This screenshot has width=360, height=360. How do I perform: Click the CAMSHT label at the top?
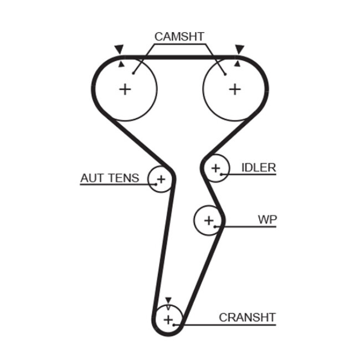point(179,37)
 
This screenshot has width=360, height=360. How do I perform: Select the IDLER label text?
point(258,167)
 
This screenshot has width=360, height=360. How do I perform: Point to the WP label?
point(267,219)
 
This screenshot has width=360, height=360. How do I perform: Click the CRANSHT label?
point(247,317)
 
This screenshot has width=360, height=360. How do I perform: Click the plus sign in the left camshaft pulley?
point(126,89)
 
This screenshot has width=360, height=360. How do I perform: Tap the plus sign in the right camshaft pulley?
point(235,89)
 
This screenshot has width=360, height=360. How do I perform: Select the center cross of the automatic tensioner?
point(161,179)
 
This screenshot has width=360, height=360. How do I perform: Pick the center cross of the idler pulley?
point(215,168)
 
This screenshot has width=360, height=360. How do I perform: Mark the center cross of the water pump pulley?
point(208,220)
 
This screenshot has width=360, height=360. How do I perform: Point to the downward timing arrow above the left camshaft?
point(119,50)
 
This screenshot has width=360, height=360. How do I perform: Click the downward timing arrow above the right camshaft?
point(239,50)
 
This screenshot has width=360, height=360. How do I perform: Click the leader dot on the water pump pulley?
point(222,226)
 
